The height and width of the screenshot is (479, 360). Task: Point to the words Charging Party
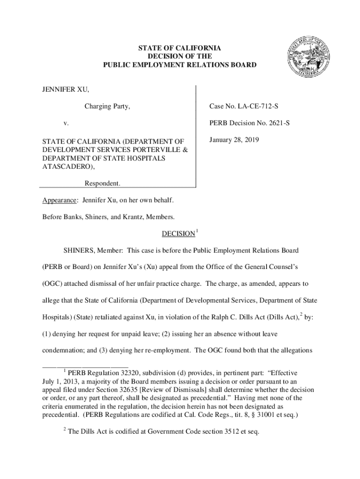click(x=107, y=107)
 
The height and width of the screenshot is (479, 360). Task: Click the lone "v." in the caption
click(x=66, y=124)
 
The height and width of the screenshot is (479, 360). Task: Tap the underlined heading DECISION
click(x=178, y=233)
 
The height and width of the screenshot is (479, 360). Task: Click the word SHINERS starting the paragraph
click(x=72, y=250)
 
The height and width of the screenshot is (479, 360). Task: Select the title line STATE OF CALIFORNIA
click(x=180, y=48)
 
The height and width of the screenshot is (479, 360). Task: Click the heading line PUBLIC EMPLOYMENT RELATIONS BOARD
click(x=180, y=65)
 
